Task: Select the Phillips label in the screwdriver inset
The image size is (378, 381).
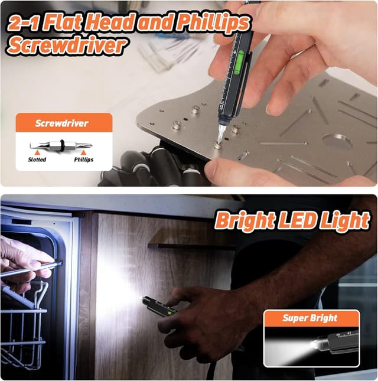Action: tap(83, 159)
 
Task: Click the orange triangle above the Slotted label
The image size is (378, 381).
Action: tap(37, 152)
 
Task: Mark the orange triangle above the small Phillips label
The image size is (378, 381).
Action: tap(83, 152)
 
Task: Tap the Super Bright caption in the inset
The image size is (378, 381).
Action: tap(309, 318)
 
